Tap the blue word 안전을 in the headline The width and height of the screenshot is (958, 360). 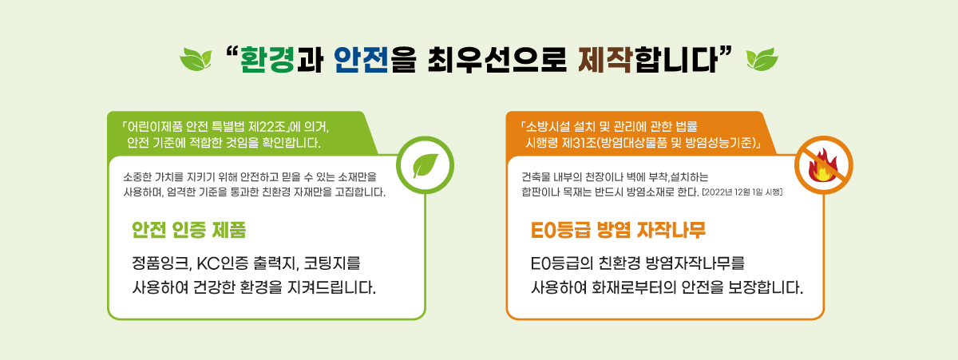pyautogui.click(x=362, y=61)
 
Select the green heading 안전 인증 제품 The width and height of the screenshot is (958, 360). pyautogui.click(x=188, y=231)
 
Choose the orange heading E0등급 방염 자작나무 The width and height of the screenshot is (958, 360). pyautogui.click(x=618, y=231)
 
